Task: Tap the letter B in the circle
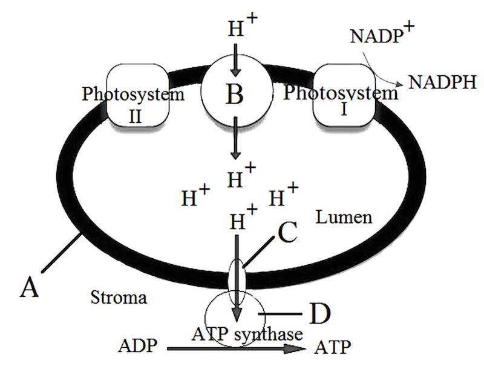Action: (x=235, y=94)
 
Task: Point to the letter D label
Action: (x=320, y=314)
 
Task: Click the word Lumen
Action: (x=344, y=217)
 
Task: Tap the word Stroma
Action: (x=119, y=298)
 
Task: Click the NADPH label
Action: (x=442, y=82)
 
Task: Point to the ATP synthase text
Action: (x=247, y=333)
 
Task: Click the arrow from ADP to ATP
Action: (x=236, y=348)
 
